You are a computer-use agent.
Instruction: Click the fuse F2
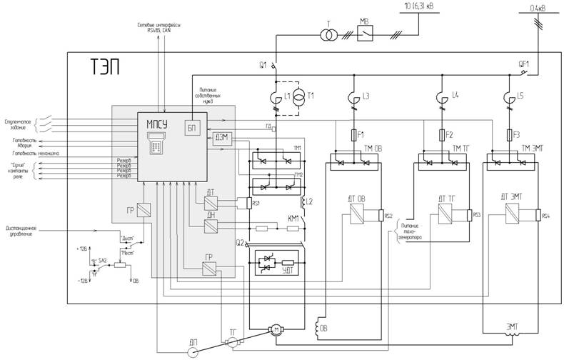tap(440, 134)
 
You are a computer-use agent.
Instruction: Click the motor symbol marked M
tap(274, 329)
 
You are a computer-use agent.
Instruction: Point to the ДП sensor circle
tap(193, 351)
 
